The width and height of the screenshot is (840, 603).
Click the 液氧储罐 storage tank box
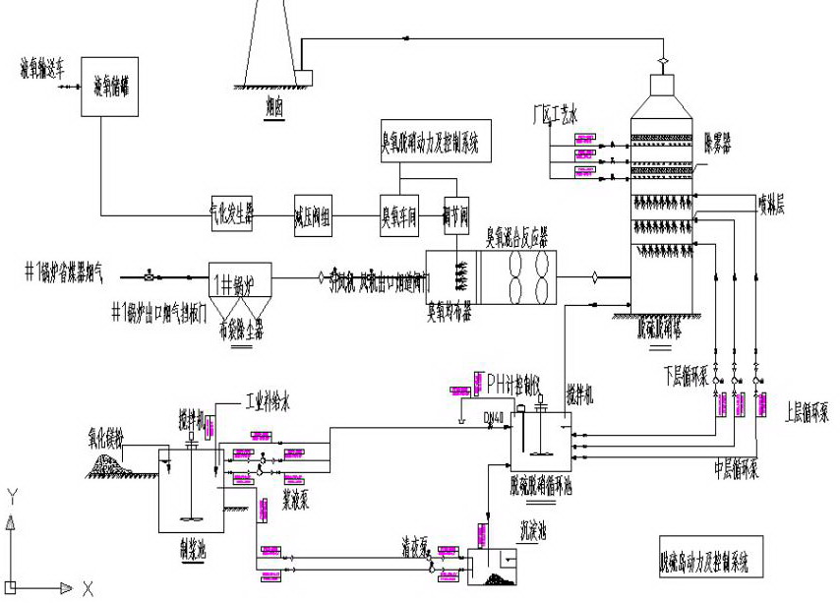point(110,88)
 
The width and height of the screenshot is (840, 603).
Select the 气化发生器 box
point(232,215)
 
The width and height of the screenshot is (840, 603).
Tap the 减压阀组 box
point(313,215)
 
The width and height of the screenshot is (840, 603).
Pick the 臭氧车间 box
point(399,215)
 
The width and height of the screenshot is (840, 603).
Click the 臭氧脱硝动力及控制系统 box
point(430,143)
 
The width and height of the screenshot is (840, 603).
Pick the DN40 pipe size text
point(494,417)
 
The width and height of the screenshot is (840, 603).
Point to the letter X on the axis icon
point(88,589)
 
